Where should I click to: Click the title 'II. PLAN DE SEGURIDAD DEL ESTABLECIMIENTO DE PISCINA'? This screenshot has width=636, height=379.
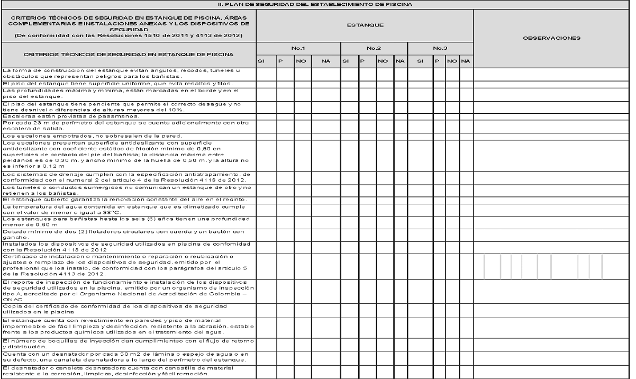pos(317,4)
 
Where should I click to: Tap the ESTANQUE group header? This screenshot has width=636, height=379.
pos(365,25)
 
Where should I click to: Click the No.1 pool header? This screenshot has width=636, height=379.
pos(298,48)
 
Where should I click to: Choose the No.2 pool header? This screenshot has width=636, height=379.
pos(374,48)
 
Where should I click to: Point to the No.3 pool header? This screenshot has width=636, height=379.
pos(440,48)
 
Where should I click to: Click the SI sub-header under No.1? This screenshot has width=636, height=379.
pos(261,61)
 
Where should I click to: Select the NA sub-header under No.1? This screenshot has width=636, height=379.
pos(325,61)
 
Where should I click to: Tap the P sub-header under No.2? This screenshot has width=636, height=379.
pos(363,61)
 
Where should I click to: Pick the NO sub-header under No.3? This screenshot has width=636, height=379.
pos(452,61)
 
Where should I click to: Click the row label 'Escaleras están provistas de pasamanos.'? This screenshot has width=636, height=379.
pos(71,116)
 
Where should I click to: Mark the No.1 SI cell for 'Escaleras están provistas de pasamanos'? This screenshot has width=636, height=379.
pos(266,116)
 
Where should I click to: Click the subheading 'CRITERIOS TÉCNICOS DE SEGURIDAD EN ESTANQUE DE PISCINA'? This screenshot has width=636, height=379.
pos(129,55)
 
